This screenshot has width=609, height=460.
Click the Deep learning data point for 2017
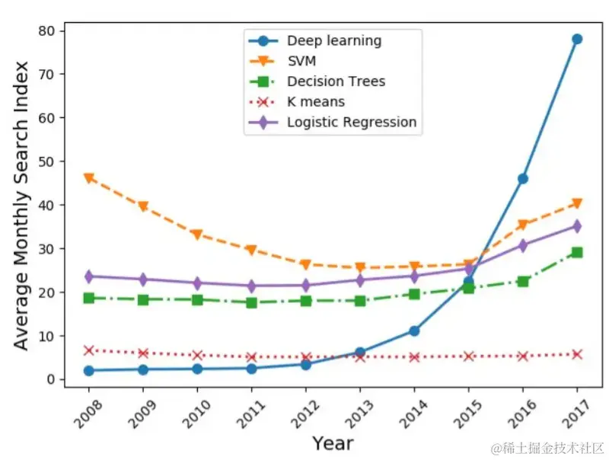coord(577,39)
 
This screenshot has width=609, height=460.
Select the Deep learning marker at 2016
coord(523,178)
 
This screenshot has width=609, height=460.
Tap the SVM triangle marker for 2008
coord(89,178)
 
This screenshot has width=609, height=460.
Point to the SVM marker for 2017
coord(577,203)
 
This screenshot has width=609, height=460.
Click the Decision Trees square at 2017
coord(577,252)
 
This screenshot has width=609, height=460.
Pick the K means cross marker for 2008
coord(89,350)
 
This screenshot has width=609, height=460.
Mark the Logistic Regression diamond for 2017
coord(577,226)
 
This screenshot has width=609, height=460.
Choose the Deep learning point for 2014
coord(414,331)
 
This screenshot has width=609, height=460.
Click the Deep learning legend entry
coord(334,40)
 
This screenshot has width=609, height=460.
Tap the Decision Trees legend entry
coord(336,81)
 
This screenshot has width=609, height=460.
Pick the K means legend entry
coord(316,101)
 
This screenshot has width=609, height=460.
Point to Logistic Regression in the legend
coord(352,122)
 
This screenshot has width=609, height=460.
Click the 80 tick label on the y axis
coord(48,31)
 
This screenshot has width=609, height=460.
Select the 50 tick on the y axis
coord(48,161)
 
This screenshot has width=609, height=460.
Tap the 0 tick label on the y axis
coord(52,379)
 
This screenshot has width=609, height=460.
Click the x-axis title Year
coord(332,442)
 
